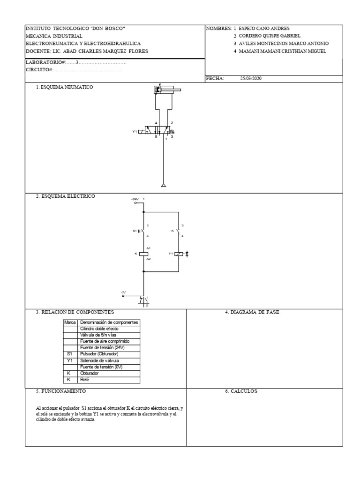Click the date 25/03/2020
[251, 79]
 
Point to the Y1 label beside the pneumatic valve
[135, 132]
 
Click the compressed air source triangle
[163, 186]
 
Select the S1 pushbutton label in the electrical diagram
[135, 231]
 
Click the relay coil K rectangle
[144, 254]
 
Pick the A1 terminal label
[149, 248]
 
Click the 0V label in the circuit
[124, 292]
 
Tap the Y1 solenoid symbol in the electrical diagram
[179, 254]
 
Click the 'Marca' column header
[70, 322]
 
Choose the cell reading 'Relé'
[85, 380]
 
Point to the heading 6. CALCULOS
[241, 391]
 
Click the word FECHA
[215, 79]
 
